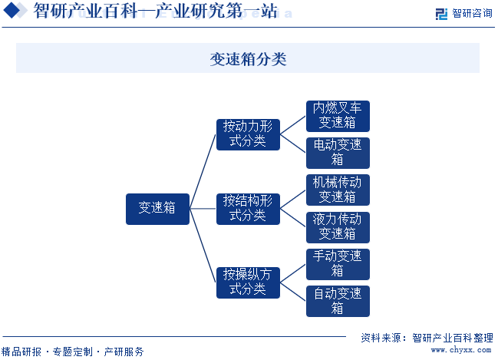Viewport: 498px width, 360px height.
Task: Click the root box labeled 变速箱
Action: pos(157,209)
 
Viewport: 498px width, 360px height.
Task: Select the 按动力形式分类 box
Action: pos(248,134)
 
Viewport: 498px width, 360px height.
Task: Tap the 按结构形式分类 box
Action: pos(248,209)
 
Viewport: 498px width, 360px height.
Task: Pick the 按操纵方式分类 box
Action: pos(248,282)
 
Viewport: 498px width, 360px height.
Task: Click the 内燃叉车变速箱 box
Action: pos(338,116)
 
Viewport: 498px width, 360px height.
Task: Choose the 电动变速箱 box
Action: pos(338,153)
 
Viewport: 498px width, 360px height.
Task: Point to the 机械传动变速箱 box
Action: pos(338,190)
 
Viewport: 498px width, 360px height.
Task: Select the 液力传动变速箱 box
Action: pos(338,227)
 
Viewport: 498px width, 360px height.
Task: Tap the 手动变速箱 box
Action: pos(338,264)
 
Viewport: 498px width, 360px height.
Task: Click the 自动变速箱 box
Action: pos(338,301)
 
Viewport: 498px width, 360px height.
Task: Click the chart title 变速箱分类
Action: pos(248,59)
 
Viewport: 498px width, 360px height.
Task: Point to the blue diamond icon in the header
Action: pos(12,10)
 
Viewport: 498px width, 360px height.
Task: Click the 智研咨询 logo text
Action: pos(472,13)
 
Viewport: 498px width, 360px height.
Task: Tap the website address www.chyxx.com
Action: pos(461,350)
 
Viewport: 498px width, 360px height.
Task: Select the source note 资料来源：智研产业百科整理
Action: pos(427,338)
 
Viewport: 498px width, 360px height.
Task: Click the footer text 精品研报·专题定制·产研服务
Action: pos(72,352)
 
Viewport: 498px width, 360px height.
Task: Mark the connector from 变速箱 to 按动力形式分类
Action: pos(203,172)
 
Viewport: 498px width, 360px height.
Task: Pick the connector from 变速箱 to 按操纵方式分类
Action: pos(203,246)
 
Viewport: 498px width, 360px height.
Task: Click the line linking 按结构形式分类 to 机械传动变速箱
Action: pos(293,200)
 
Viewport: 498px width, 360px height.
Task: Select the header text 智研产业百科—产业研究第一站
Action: pos(156,11)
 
